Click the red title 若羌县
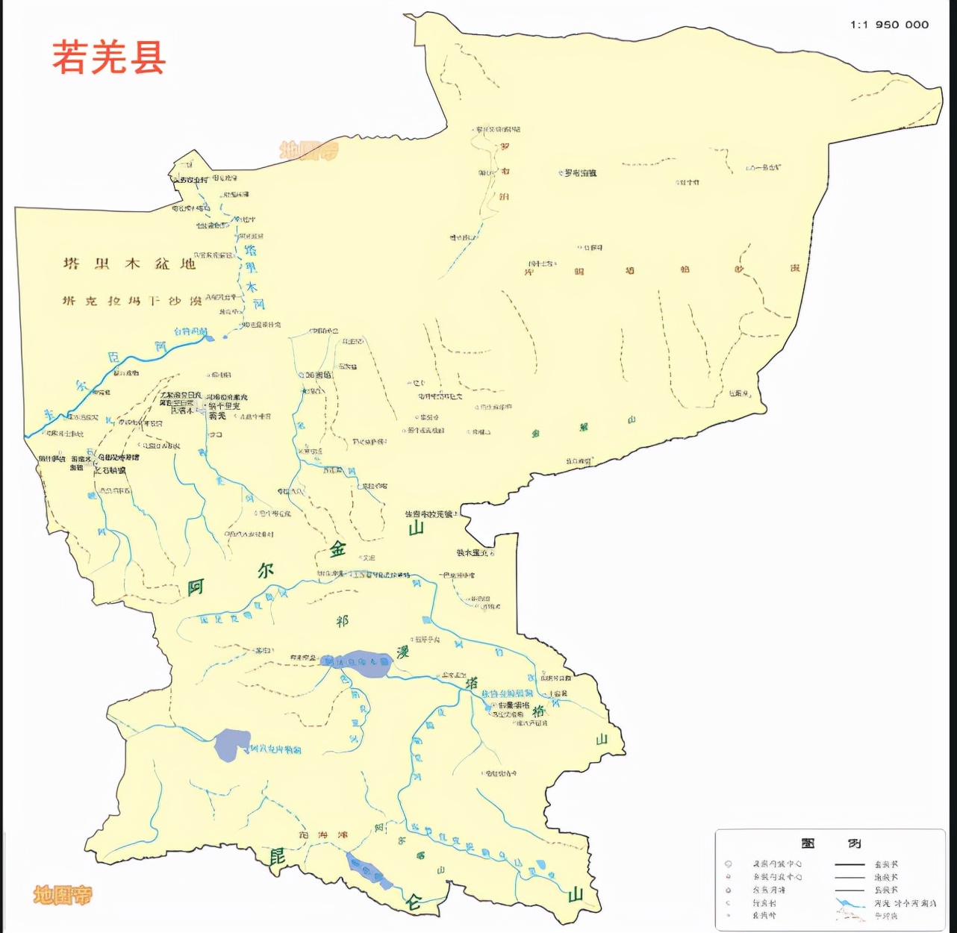[x=109, y=57]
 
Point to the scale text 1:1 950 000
[x=889, y=25]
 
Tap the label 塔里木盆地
[x=129, y=263]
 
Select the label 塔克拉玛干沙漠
[x=132, y=301]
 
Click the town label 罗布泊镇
[x=580, y=173]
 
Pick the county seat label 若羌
[x=217, y=416]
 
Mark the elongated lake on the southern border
[x=367, y=872]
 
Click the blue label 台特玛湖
[x=190, y=331]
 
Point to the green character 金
[x=338, y=549]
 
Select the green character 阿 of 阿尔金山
[x=196, y=587]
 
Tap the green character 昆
[x=277, y=856]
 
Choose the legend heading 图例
[x=829, y=843]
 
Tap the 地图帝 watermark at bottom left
[x=63, y=894]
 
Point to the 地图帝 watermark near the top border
[x=308, y=151]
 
